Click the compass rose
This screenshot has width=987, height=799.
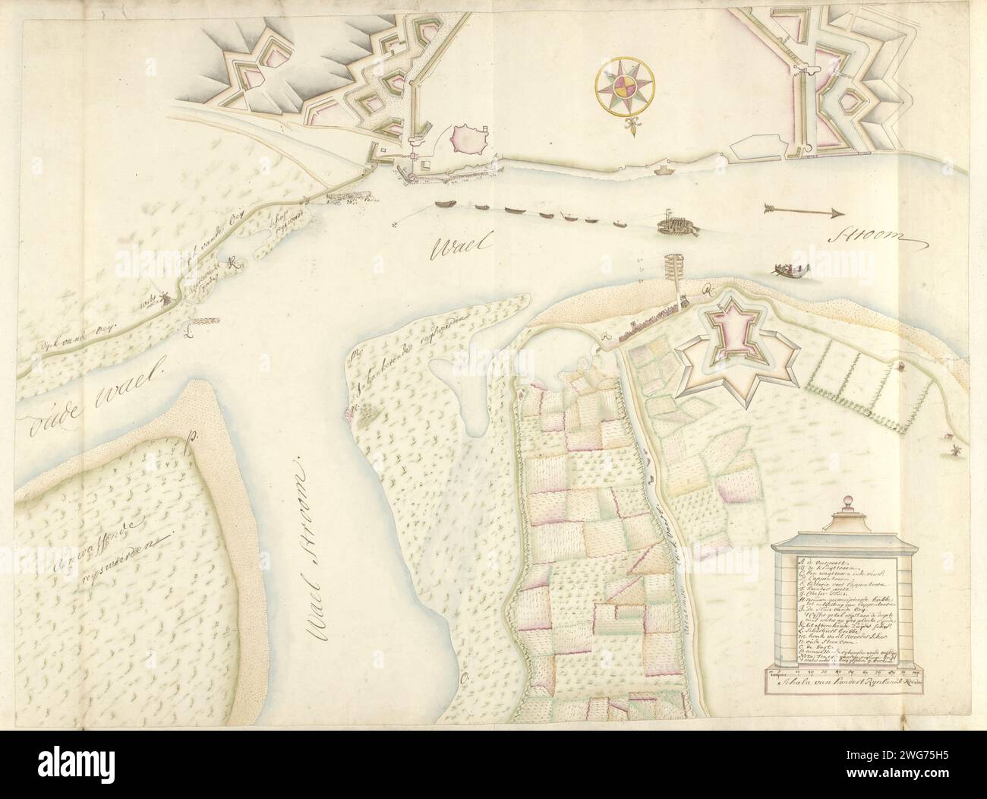point(626,89)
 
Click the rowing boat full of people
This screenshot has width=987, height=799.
point(790,268)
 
